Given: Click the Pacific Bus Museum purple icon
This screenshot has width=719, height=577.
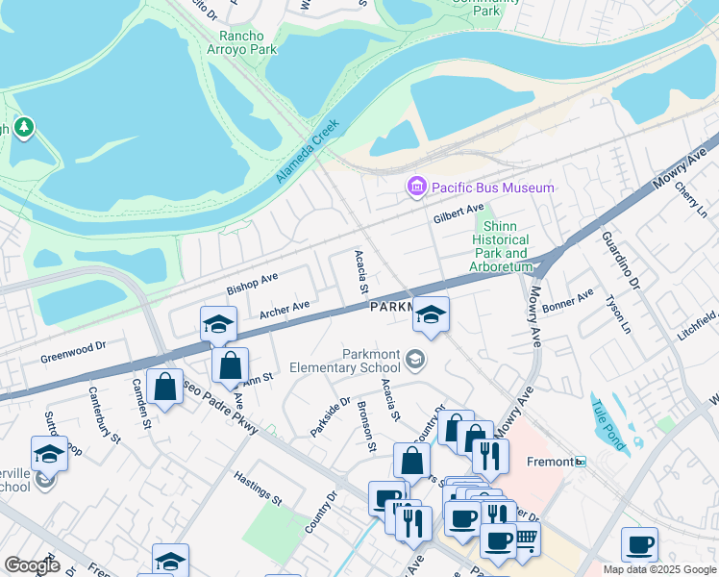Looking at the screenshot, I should click(416, 187).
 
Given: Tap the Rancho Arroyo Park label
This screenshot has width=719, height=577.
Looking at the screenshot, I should click(242, 42).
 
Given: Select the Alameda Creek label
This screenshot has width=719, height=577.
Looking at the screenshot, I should click(308, 151).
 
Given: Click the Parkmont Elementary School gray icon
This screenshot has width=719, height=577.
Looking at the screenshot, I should click(415, 360).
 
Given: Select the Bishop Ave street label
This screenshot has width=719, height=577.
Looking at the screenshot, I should click(252, 284).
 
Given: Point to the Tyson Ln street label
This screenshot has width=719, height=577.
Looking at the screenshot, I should click(613, 314).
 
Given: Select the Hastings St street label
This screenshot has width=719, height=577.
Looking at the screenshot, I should click(258, 488).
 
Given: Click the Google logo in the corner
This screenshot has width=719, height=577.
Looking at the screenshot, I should click(32, 565).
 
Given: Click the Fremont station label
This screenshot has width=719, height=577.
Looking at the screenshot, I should click(550, 462).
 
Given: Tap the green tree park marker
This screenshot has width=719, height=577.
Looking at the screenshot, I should click(23, 127).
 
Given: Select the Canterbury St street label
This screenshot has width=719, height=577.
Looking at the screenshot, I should click(103, 414).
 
